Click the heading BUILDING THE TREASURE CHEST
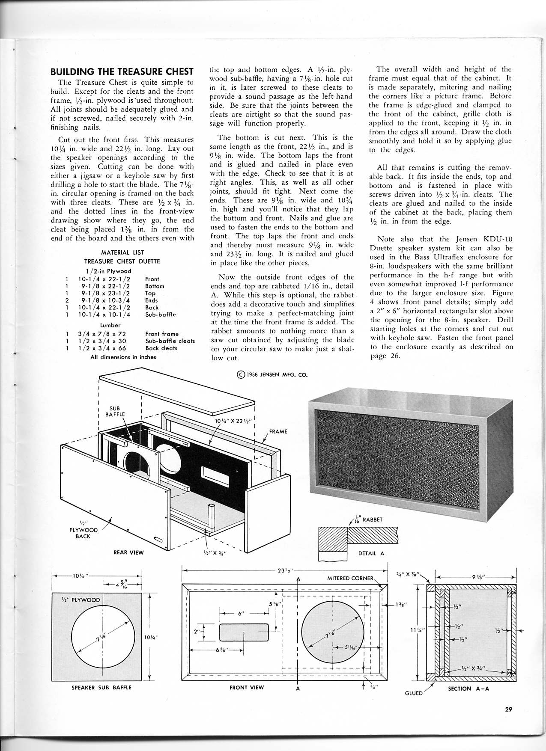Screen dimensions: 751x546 (x=122, y=71)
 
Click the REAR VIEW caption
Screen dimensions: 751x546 (x=128, y=552)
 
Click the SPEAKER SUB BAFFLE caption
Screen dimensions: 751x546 (x=101, y=688)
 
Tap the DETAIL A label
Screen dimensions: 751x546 (x=371, y=553)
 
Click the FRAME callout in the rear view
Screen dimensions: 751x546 (x=278, y=431)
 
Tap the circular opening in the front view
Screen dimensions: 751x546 (x=330, y=632)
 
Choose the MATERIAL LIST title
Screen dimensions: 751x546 (x=122, y=252)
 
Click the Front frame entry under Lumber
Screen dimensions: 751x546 (x=162, y=334)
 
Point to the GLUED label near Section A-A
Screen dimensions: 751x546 (x=414, y=693)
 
